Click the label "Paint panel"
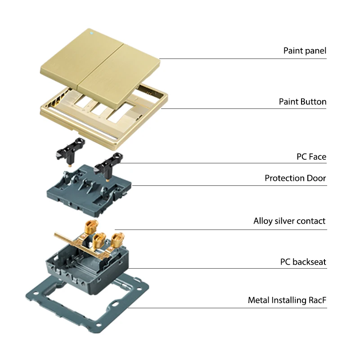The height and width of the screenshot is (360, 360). [305, 50]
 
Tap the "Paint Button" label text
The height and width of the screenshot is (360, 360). [302, 102]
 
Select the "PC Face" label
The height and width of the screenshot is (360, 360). [311, 157]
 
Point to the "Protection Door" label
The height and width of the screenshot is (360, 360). [295, 178]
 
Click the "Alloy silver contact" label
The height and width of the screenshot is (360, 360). [289, 221]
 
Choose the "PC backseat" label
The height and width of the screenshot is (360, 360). [303, 261]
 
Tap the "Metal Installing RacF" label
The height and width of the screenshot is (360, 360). [287, 300]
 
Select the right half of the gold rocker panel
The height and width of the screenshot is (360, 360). [121, 67]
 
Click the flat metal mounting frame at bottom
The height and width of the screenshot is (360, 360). [49, 306]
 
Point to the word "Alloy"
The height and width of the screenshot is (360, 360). [263, 221]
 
